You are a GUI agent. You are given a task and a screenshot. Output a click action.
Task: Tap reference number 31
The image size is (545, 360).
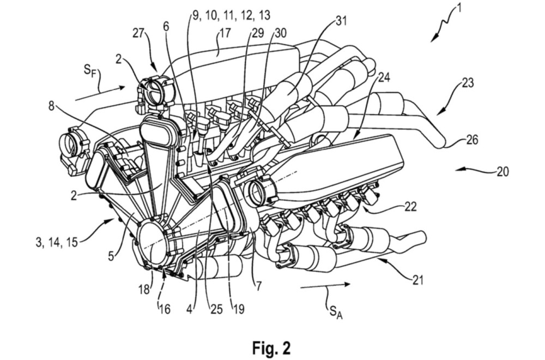341,21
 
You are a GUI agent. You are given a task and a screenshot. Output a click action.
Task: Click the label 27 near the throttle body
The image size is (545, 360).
139,34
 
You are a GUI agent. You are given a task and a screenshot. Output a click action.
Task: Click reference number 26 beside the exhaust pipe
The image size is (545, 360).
471,140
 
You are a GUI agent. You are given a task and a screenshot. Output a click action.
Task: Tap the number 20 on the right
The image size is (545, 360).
502,171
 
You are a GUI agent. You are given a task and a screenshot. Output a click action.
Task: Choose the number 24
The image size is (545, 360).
383,77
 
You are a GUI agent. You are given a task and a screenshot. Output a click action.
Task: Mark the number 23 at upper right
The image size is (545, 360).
468,83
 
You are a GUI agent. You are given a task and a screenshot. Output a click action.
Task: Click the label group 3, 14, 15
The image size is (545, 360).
57,242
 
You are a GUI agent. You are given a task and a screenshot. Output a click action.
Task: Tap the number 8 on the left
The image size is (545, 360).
51,106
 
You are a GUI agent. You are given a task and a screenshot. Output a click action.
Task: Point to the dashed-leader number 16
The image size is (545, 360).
165,309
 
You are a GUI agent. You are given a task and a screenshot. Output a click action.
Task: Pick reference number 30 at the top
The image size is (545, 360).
281,33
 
